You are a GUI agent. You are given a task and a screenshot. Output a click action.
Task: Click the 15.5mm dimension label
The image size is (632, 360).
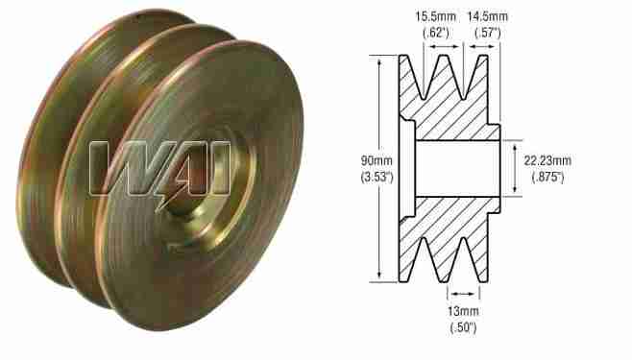click(x=427, y=16)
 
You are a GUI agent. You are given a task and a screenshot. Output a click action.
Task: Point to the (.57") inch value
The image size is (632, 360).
click(x=490, y=33)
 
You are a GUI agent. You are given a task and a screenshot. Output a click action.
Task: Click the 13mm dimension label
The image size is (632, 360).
click(x=462, y=312)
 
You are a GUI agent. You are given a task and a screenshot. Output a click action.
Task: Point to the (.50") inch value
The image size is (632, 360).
click(x=462, y=328)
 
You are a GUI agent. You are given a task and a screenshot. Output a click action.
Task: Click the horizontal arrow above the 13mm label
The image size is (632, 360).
click(x=462, y=294)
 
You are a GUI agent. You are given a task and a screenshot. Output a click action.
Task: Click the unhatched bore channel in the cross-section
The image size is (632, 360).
click(x=456, y=168)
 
